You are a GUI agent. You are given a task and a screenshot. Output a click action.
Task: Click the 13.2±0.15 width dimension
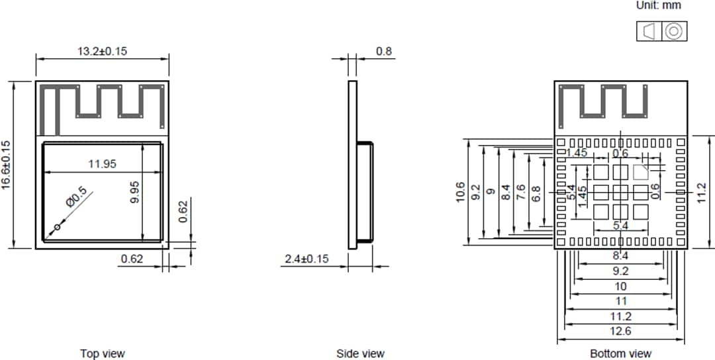click(102, 51)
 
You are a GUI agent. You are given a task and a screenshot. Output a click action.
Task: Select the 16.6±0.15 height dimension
click(7, 165)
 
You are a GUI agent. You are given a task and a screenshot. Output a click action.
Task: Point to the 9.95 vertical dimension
click(135, 191)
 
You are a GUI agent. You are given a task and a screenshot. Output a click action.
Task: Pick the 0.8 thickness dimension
click(383, 51)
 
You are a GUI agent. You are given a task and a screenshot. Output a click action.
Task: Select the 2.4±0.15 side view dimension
click(307, 259)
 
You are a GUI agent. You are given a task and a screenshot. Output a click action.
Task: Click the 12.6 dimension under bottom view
click(620, 331)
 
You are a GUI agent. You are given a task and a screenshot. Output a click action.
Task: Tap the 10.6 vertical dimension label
click(461, 193)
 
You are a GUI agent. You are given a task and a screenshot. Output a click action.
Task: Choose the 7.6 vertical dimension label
click(521, 193)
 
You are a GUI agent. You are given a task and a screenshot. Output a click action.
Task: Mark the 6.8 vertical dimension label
click(537, 193)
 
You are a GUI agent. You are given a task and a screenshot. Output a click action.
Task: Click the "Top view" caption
click(102, 354)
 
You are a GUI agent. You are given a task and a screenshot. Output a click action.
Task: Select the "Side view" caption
click(360, 354)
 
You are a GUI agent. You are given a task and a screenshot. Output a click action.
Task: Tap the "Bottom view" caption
click(620, 354)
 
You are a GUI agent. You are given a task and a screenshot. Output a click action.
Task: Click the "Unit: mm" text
click(658, 5)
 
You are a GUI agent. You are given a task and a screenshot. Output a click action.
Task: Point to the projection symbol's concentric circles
click(673, 31)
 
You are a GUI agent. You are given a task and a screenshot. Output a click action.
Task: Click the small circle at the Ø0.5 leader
click(56, 228)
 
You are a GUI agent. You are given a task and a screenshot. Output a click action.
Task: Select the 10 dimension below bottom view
click(620, 286)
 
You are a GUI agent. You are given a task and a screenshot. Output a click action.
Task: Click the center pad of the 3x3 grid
click(620, 193)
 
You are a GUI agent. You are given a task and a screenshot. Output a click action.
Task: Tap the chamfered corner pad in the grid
click(640, 173)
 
